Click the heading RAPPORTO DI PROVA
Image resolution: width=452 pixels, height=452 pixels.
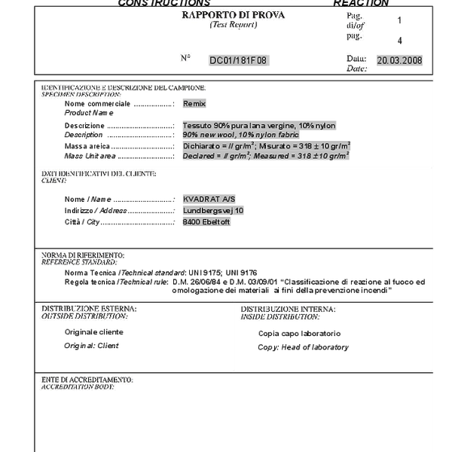coord(234,15)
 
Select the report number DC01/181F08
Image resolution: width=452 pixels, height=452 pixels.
coord(238,60)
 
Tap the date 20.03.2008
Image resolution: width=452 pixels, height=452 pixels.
coord(399,60)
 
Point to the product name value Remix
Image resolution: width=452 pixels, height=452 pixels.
coord(194,104)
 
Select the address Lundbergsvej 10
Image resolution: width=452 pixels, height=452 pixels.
coord(213,211)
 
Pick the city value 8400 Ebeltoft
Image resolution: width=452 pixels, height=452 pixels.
coord(206,222)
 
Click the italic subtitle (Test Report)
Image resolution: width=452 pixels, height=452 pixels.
coord(234,25)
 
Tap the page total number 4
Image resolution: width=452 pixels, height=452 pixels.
coord(399,41)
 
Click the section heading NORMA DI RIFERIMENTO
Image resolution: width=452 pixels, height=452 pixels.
coord(83,255)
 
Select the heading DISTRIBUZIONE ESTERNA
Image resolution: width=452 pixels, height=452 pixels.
coord(89,309)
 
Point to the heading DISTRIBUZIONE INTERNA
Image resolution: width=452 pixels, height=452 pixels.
coord(288,309)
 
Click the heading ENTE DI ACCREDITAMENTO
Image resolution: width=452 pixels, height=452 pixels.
coord(87,380)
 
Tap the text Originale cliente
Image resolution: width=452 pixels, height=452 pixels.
coord(93,332)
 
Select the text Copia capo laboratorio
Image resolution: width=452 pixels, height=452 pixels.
coord(299,333)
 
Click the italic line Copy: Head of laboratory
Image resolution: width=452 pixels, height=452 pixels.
coord(303,347)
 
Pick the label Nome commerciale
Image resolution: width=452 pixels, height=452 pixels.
coord(97,104)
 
